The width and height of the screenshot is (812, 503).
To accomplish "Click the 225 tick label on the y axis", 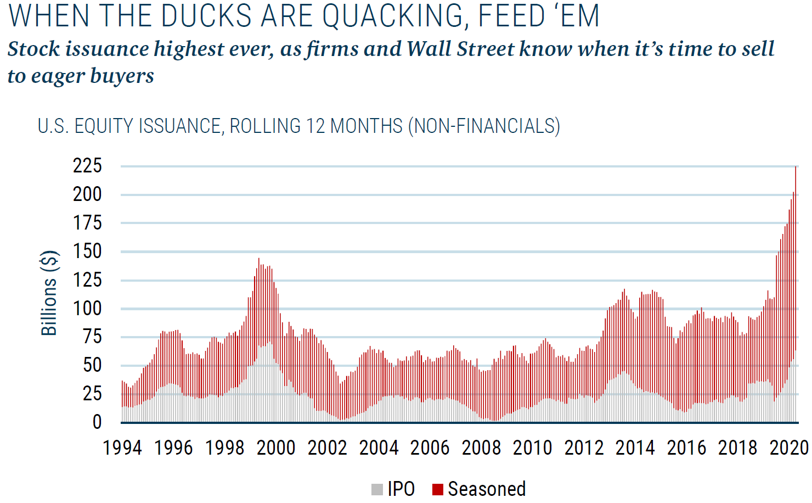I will coord(87,165).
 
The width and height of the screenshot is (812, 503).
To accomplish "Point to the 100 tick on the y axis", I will coord(87,308).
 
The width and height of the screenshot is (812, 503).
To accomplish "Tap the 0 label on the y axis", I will coord(97,422).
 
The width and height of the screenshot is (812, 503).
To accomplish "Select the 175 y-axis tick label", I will coord(87,222).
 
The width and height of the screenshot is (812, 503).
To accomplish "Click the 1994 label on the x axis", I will coord(122,448).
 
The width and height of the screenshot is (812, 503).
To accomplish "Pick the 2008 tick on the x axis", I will coord(481,448).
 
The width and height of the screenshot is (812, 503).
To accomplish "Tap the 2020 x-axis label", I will coord(789,448).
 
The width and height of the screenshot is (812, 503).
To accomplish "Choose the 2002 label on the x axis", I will coord(328,448).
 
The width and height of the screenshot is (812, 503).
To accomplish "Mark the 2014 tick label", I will coord(635,448).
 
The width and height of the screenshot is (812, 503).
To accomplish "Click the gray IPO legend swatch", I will coord(377,489).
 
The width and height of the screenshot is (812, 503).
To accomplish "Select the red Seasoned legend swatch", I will coord(437,489).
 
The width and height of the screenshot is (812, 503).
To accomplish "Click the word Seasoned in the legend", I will coord(487,489).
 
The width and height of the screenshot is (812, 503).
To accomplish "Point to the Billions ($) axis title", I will coord(49,293).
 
